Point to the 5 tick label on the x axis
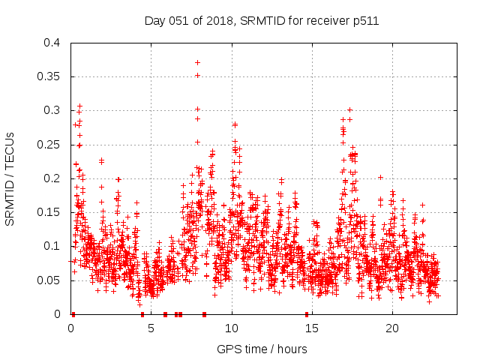151,328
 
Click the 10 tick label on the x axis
232,328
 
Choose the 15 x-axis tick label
312,328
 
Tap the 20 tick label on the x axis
392,328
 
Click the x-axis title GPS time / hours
262,349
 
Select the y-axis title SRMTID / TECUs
10,178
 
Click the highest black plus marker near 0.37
197,62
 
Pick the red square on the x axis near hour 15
307,314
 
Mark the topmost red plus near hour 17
349,109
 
